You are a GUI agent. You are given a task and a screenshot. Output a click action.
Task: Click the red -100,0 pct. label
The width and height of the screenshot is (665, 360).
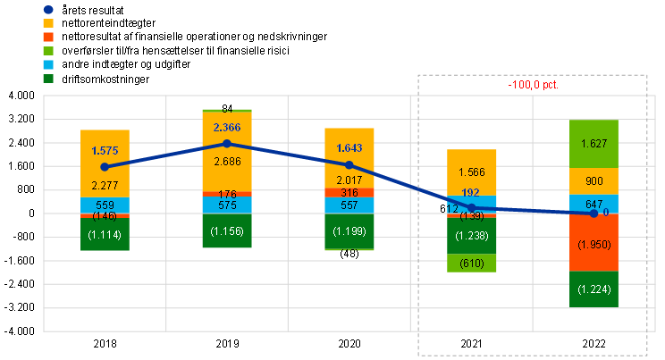tap(534, 85)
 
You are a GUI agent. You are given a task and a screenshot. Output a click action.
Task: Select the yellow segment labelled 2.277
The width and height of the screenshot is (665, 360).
tap(105, 183)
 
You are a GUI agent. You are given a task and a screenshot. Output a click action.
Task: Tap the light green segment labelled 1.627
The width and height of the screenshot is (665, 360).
tap(593, 143)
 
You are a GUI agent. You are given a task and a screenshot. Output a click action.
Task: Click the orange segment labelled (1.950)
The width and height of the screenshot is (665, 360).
tap(593, 242)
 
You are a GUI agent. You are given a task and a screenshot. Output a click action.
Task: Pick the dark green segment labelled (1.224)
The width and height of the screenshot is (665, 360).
tap(593, 289)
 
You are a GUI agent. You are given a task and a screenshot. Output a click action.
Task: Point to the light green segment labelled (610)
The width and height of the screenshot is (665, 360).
tap(472, 263)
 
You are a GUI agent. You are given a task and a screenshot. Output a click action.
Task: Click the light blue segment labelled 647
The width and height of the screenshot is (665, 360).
tap(593, 204)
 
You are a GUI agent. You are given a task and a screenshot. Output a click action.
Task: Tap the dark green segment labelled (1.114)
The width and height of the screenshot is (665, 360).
tap(105, 235)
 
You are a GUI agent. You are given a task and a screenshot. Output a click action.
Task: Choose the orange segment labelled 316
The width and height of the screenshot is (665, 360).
tap(349, 193)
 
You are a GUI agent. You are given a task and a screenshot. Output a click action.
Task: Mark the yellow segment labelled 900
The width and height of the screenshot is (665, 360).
tap(593, 181)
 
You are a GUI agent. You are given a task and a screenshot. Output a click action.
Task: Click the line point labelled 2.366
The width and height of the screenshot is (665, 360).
tap(227, 143)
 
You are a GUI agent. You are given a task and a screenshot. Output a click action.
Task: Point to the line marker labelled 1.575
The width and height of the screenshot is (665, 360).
tap(105, 166)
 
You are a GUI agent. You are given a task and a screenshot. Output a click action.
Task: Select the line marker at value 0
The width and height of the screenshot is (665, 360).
tap(593, 213)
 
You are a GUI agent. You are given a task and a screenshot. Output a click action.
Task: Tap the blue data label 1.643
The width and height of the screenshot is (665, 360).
tap(349, 148)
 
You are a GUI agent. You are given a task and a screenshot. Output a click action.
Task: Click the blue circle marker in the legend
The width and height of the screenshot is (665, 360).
tap(47, 10)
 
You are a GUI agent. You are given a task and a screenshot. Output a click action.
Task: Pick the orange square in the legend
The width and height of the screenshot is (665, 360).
tap(47, 37)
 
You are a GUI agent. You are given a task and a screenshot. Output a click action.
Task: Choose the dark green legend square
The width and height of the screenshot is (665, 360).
tap(47, 78)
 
